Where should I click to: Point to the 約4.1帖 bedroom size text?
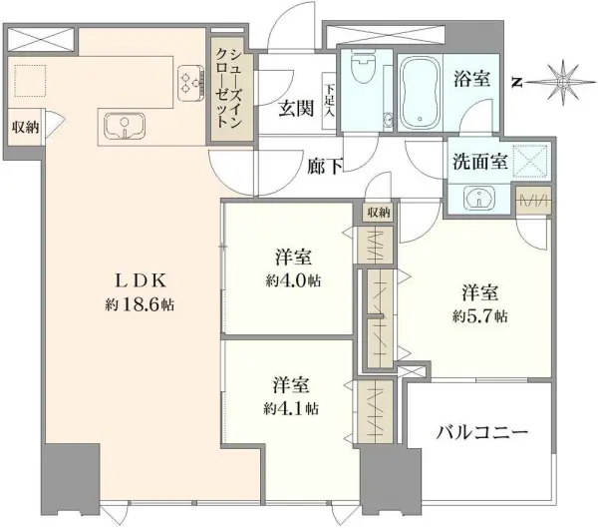(290, 407)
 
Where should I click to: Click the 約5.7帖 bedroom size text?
(480, 315)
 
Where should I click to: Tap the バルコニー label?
(481, 432)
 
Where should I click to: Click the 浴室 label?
(472, 79)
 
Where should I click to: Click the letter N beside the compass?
(517, 81)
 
